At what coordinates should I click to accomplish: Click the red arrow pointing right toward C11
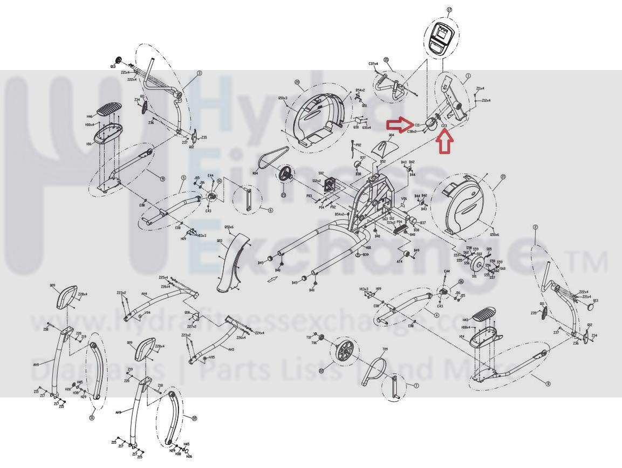pos(400,125)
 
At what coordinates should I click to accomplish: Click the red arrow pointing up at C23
pos(445,142)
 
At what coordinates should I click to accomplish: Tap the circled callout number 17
pos(449,9)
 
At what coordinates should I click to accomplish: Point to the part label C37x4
pos(373,64)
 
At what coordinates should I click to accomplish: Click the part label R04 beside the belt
pos(256,174)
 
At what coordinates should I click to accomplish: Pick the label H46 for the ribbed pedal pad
pos(90,116)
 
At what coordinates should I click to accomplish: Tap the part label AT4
pos(399,261)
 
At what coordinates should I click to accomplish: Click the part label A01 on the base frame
pos(368,247)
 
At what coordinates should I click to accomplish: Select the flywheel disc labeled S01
pos(477,265)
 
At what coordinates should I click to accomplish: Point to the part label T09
pos(385,349)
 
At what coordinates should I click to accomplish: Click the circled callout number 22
pos(322,370)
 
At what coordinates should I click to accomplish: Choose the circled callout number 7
pos(416,386)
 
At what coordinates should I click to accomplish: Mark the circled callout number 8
pos(548,383)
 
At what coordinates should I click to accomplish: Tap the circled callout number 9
pos(162,178)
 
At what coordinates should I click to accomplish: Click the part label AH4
pos(145,294)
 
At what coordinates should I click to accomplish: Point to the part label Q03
pos(220,241)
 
